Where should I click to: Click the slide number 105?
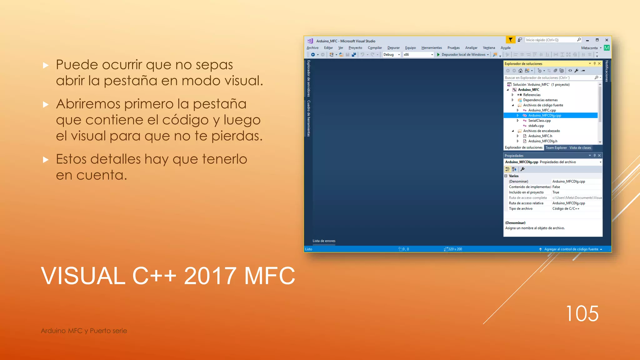[x=582, y=313]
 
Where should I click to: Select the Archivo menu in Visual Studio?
[x=312, y=48]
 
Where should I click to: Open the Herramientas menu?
[x=432, y=48]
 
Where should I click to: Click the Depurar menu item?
[x=393, y=48]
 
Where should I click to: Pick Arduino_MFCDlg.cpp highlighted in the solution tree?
[x=544, y=115]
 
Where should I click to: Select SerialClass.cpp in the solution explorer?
[x=539, y=121]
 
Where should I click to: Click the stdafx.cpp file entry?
[x=536, y=126]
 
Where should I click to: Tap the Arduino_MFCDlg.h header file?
[x=542, y=141]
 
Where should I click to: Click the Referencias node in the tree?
[x=532, y=95]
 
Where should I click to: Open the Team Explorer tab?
[x=556, y=148]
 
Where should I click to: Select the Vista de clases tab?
[x=580, y=148]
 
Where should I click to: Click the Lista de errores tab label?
[x=324, y=241]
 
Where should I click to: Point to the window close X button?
[x=607, y=40]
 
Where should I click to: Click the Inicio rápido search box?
[x=551, y=40]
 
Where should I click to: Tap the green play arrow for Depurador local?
[x=438, y=55]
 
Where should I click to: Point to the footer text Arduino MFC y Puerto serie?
[x=84, y=331]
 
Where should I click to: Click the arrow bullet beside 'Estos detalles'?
[x=46, y=160]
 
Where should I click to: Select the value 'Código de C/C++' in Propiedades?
[x=566, y=209]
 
